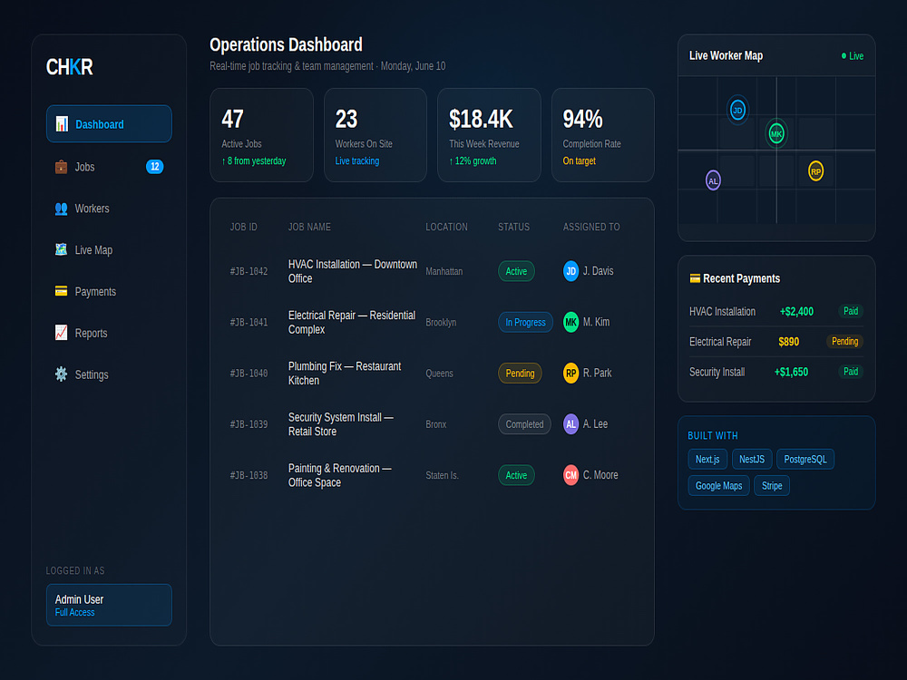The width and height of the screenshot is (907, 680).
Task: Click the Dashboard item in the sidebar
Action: point(109,123)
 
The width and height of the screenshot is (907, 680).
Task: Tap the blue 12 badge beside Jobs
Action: point(154,167)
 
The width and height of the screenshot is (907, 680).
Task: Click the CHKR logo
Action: point(70,67)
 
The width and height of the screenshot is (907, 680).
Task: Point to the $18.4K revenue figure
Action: point(481,119)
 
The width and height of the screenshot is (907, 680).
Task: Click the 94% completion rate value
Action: point(582,119)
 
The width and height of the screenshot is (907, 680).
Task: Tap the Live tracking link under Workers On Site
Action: point(356,160)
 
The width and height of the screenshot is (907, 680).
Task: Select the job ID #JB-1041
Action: point(249,322)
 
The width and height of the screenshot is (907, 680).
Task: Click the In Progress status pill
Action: point(525,322)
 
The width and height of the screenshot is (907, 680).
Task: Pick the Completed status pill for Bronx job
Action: point(524,423)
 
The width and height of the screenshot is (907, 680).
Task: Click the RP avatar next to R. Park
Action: point(571,373)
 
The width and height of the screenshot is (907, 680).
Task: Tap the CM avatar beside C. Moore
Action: point(571,475)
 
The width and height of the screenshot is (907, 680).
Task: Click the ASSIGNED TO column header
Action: point(591,228)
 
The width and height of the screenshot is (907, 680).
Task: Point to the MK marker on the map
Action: point(776,133)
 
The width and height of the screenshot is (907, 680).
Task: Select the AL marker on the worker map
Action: point(713,180)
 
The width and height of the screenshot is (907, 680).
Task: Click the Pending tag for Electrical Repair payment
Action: point(844,341)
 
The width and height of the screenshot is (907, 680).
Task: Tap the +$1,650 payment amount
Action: point(791,372)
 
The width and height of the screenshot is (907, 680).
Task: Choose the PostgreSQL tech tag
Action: point(805,459)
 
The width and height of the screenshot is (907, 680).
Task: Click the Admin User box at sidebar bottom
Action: point(109,605)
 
